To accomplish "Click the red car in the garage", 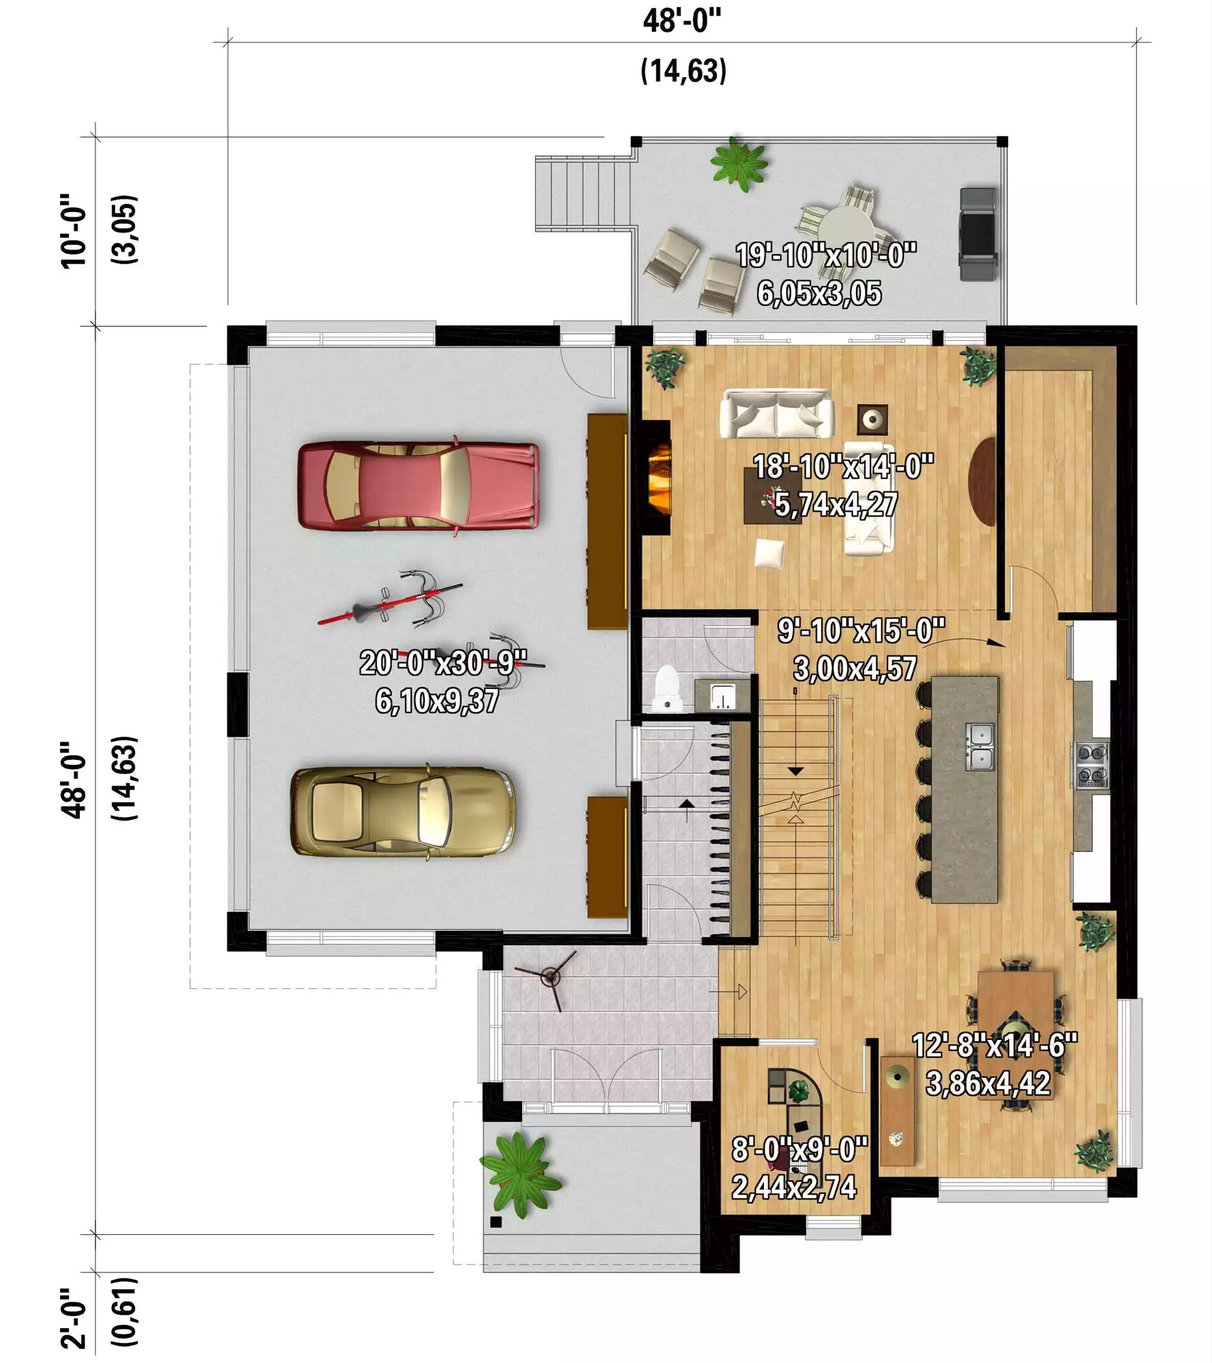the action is pyautogui.click(x=419, y=486).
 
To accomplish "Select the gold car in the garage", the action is pyautogui.click(x=403, y=812).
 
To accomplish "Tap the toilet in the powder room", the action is pyautogui.click(x=666, y=688).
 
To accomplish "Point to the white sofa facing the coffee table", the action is pyautogui.click(x=776, y=414).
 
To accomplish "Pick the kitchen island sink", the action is pyautogui.click(x=980, y=747).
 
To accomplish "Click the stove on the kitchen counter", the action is pyautogui.click(x=1092, y=765).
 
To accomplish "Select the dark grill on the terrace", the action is pyautogui.click(x=978, y=234).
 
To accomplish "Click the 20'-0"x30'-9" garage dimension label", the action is pyautogui.click(x=443, y=662).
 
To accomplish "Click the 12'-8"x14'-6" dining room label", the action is pyautogui.click(x=995, y=1045).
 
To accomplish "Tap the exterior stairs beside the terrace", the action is pyautogui.click(x=584, y=194).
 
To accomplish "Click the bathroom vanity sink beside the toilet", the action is pyautogui.click(x=721, y=695).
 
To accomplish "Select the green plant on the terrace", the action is pyautogui.click(x=740, y=164).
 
